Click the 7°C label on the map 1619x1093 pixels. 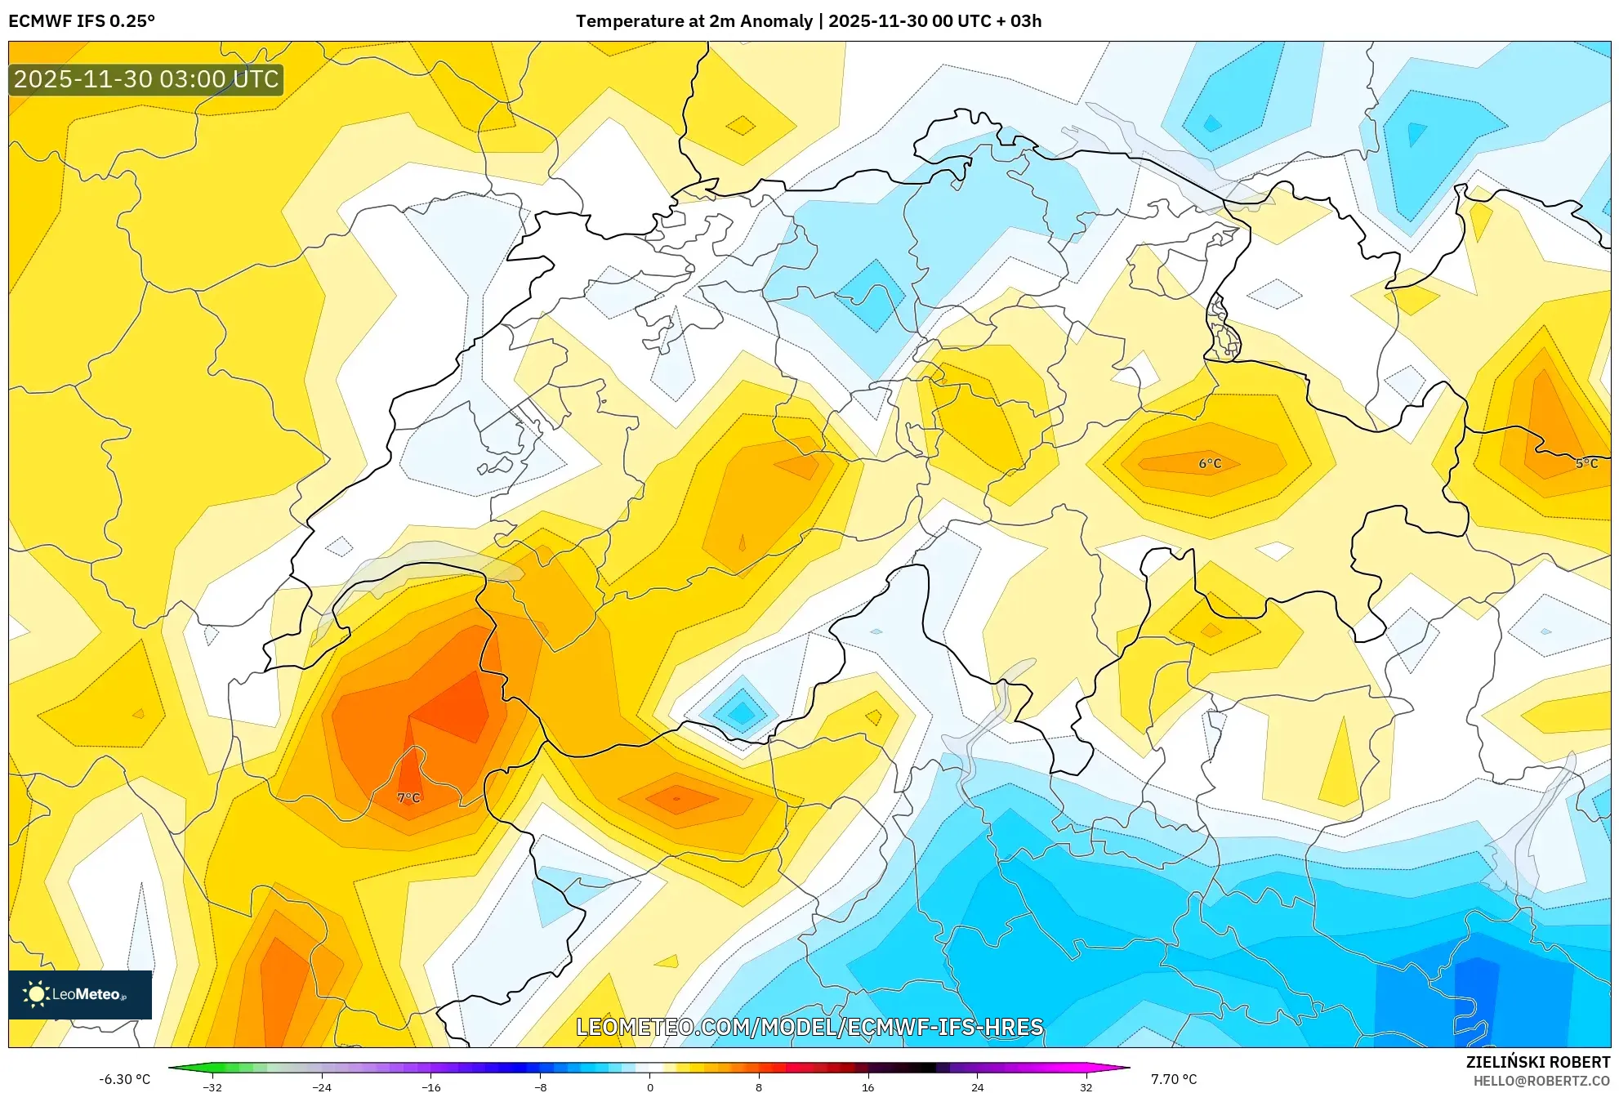(x=408, y=797)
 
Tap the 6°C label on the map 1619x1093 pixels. (x=1210, y=463)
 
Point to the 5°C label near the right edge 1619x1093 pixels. (x=1586, y=463)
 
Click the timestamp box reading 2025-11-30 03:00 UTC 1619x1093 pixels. (x=146, y=79)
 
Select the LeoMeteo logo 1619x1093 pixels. (x=79, y=994)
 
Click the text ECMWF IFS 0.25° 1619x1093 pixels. (x=82, y=21)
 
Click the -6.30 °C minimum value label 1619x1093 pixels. (x=125, y=1079)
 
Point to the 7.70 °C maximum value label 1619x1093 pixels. (x=1174, y=1079)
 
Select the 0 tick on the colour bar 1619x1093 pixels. (x=650, y=1086)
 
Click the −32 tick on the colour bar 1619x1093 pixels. (x=212, y=1086)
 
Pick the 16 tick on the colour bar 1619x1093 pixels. (x=867, y=1086)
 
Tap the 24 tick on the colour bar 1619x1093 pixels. (x=977, y=1086)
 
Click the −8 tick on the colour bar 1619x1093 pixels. (x=540, y=1086)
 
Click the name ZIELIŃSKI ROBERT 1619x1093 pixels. (x=1538, y=1062)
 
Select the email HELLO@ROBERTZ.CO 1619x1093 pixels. (x=1541, y=1082)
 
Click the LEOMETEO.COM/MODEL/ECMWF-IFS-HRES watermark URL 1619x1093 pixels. (x=809, y=1027)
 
